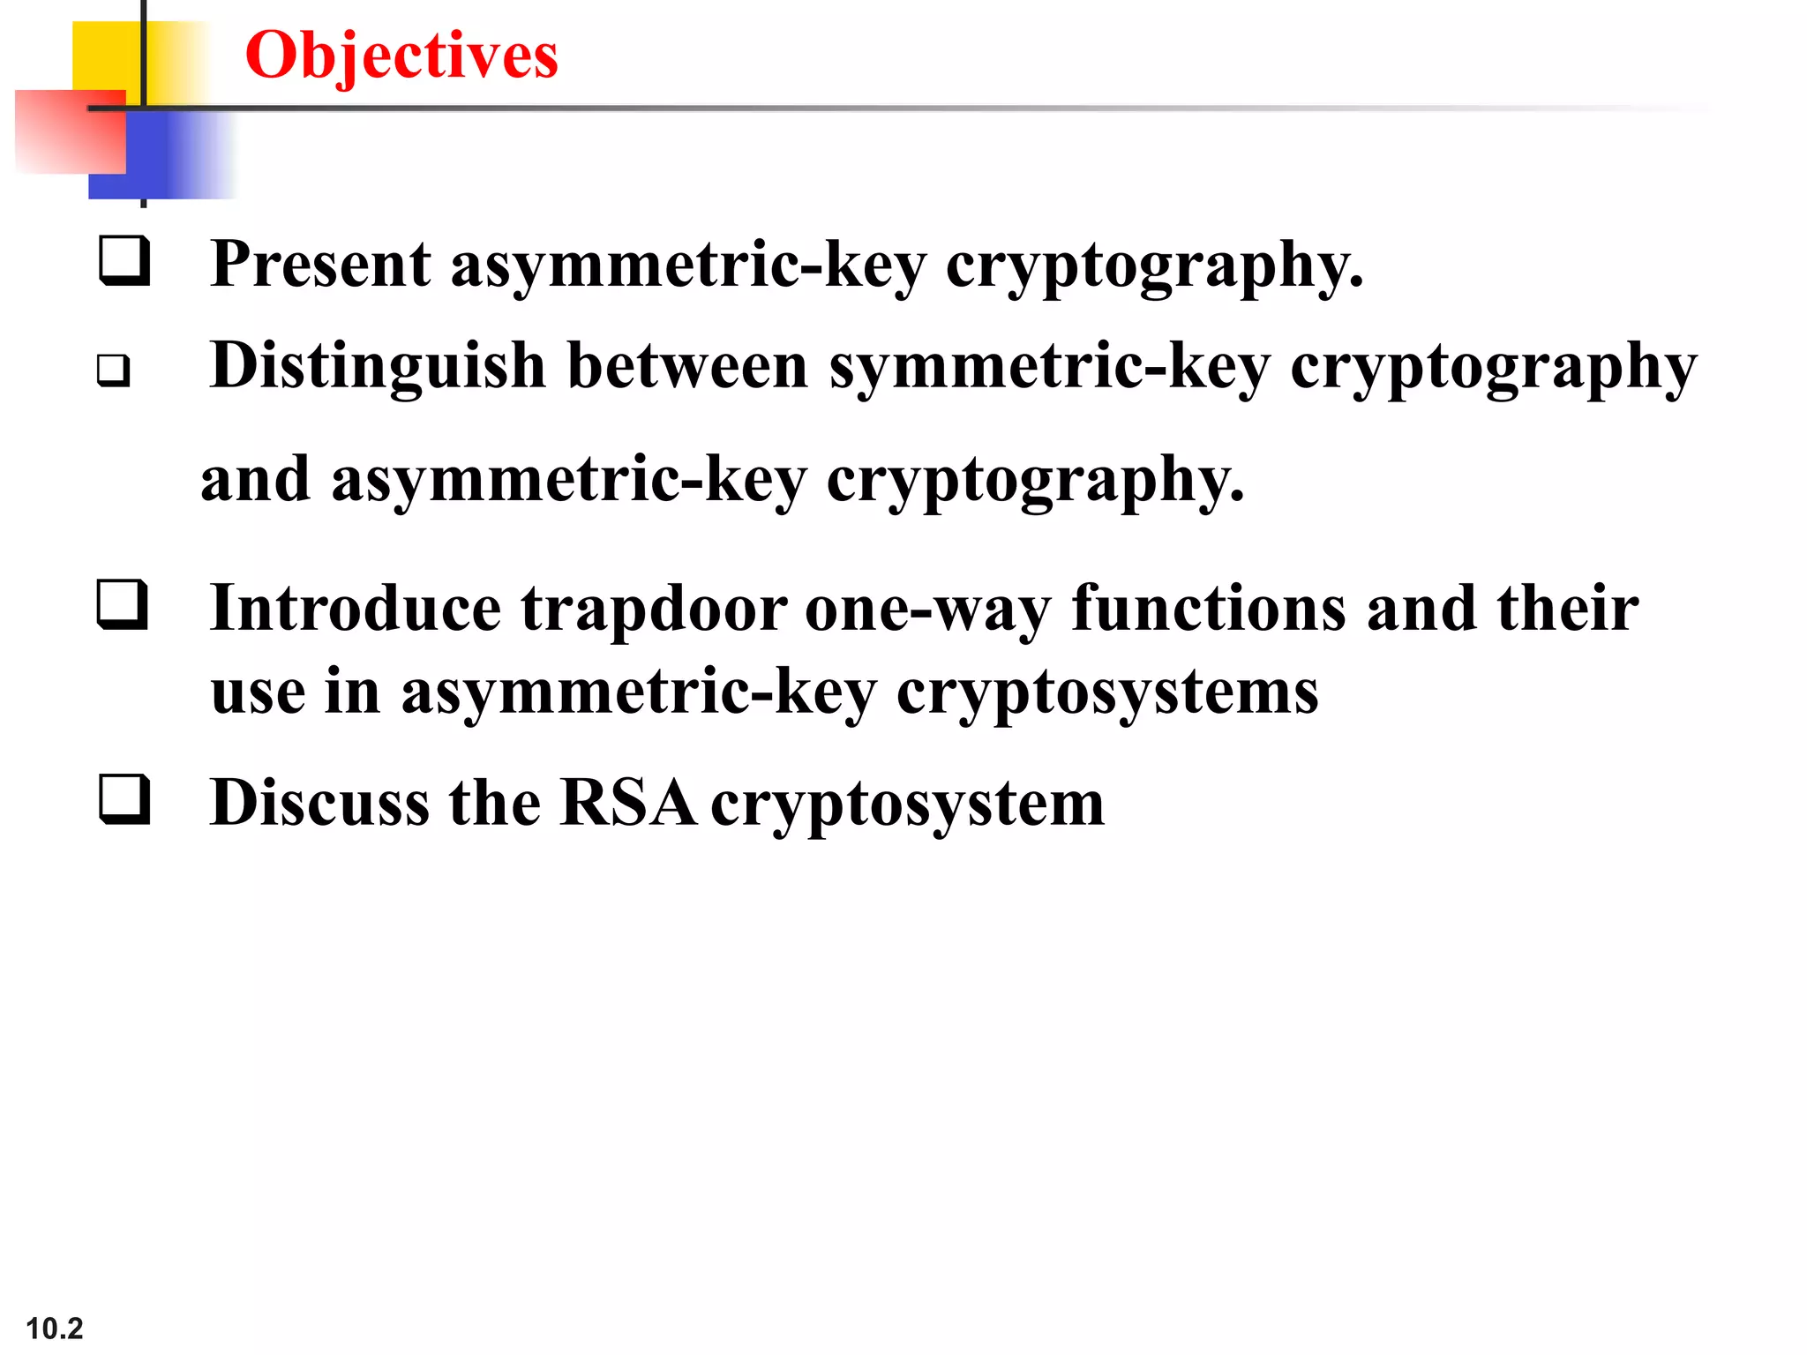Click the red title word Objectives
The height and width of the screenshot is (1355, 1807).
coord(401,55)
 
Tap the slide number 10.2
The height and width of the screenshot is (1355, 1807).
coord(54,1328)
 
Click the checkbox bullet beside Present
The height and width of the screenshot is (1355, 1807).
coord(124,261)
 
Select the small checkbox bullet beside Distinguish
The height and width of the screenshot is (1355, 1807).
coord(113,371)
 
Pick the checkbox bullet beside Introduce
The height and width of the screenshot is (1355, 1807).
coord(123,605)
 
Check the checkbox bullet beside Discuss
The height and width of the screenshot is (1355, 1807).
coord(124,799)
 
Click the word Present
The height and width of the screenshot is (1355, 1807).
coord(321,265)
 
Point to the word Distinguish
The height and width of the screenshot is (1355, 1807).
coord(378,366)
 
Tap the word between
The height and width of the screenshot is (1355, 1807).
coord(687,366)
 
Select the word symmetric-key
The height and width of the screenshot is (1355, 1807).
coord(1049,366)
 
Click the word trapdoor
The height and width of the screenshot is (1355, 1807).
coord(654,609)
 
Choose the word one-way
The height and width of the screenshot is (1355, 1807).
coord(927,609)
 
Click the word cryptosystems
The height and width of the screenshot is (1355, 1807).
coord(1107,692)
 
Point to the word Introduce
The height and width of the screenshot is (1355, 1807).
coord(356,609)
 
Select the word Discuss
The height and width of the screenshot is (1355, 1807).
coord(319,803)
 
